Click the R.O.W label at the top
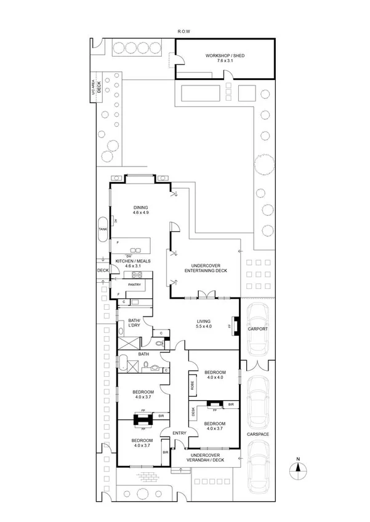point(185,31)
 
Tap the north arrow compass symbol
point(298,467)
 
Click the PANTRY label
point(135,285)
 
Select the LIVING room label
point(204,324)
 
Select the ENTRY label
point(179,433)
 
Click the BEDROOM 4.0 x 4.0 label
point(215,375)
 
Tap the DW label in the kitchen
point(128,256)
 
